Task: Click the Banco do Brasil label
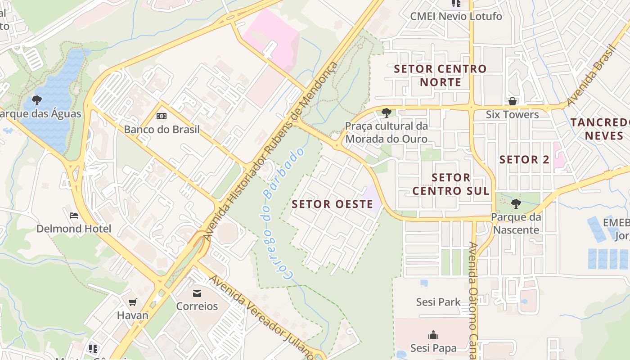pos(162,130)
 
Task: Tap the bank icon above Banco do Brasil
pos(162,116)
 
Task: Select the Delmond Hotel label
pos(74,229)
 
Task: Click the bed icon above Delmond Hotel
pos(74,216)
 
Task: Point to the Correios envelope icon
pos(197,293)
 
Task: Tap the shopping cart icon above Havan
pos(132,302)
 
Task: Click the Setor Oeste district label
pos(333,204)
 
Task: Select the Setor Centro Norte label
pos(440,76)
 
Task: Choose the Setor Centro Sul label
pos(451,184)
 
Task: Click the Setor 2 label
pos(525,159)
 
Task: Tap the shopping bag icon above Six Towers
pos(512,101)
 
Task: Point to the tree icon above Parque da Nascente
pos(516,204)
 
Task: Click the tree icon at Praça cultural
pos(386,112)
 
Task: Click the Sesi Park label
pos(438,302)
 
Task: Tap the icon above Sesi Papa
pos(433,335)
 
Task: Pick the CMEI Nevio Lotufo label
pos(456,17)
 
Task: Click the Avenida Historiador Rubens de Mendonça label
pos(271,151)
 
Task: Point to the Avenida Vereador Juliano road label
pos(261,315)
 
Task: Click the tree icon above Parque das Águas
pos(37,100)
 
